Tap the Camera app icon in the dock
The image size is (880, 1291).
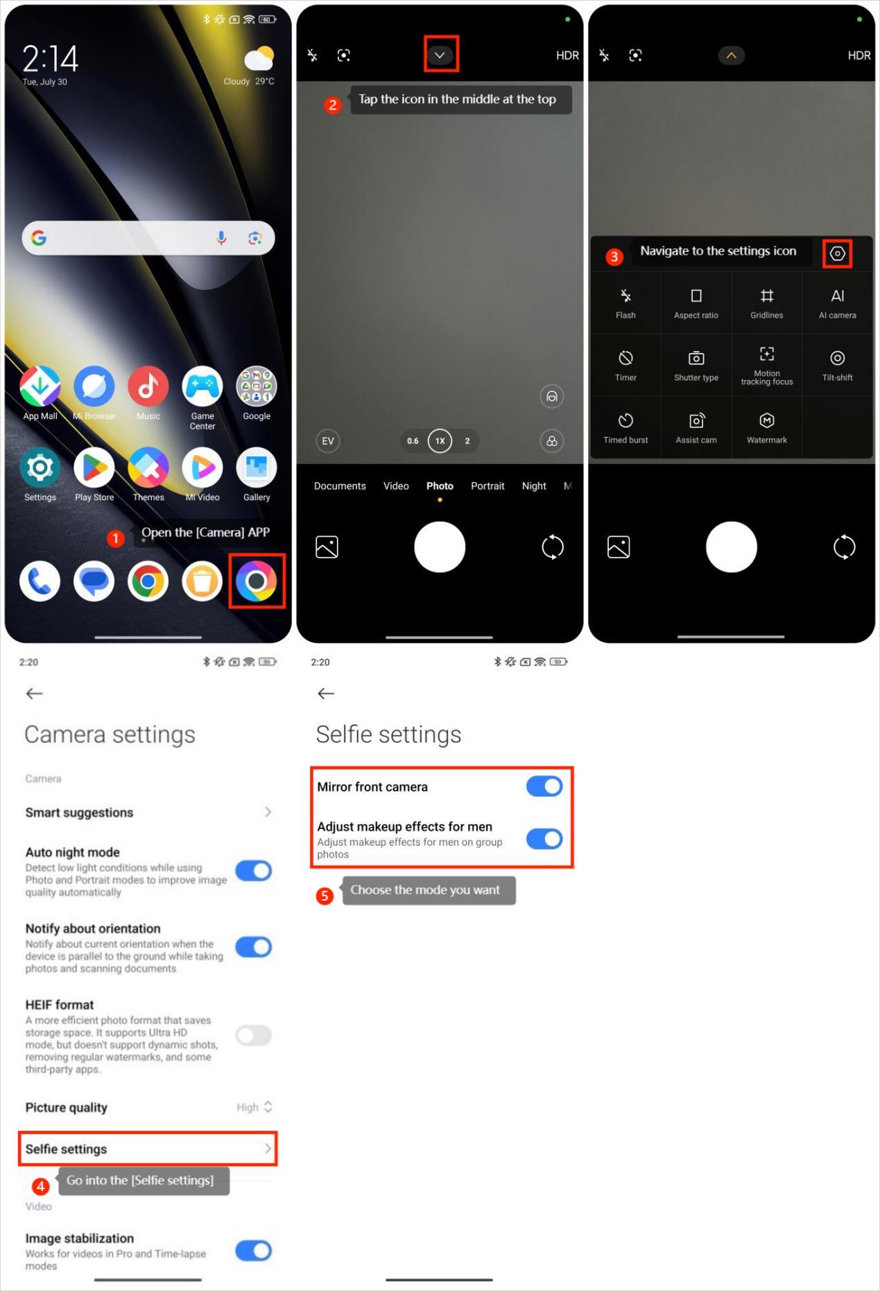pos(256,581)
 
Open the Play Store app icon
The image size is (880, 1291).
pos(94,468)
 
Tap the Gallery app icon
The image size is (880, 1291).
pos(257,468)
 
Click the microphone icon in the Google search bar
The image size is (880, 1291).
pos(221,238)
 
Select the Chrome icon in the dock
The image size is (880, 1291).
pos(148,581)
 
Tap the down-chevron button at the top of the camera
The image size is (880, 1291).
pos(440,55)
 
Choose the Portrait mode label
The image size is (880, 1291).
pos(488,486)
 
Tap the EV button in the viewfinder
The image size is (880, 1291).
pos(328,441)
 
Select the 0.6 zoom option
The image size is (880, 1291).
pos(413,441)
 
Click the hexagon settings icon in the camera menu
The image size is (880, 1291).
pos(837,254)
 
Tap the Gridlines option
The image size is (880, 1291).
pos(766,303)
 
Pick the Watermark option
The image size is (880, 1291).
pos(766,428)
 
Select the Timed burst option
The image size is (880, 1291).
pos(626,428)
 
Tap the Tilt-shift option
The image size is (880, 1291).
pos(837,366)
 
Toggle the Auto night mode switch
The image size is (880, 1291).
pos(253,871)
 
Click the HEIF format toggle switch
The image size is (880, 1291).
pos(253,1036)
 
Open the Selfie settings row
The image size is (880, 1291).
pos(148,1149)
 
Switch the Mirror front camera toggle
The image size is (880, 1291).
pos(544,786)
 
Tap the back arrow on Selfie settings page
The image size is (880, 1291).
pos(326,693)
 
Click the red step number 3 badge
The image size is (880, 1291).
pos(614,257)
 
